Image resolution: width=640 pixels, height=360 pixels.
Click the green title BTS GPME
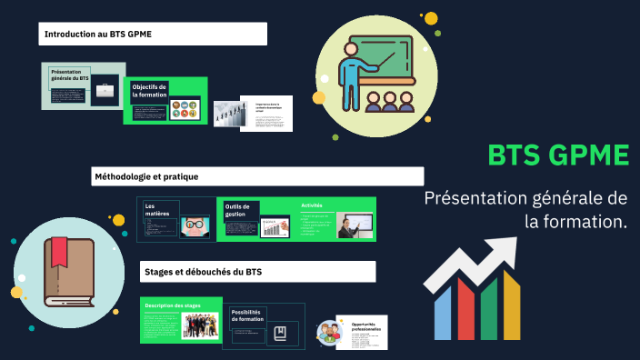click(558, 155)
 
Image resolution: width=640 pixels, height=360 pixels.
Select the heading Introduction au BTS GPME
click(99, 35)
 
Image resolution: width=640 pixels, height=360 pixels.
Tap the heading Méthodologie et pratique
click(146, 175)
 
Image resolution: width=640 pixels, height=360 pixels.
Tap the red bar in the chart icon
click(465, 308)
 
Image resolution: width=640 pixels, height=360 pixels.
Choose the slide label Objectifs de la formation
click(149, 90)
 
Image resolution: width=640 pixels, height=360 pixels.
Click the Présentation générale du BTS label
click(69, 75)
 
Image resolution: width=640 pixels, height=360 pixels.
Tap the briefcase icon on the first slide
click(105, 89)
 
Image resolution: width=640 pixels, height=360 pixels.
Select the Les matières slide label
click(157, 210)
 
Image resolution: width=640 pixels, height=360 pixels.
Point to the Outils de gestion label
click(238, 211)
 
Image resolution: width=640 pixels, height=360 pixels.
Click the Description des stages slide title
click(173, 305)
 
